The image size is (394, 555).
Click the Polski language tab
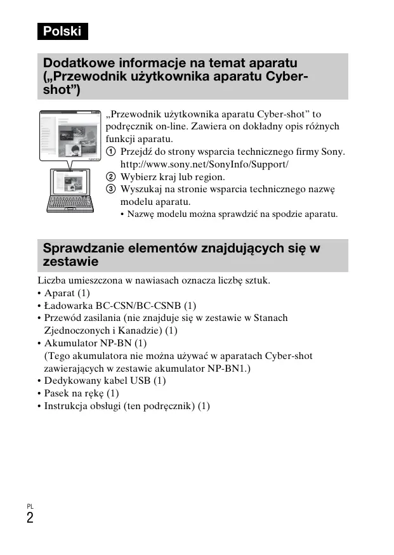point(62,30)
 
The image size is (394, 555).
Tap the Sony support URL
point(204,164)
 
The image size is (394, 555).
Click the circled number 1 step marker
point(110,152)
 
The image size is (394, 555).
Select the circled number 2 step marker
point(110,177)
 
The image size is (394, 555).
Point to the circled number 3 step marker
point(110,189)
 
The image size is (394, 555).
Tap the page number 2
point(30,518)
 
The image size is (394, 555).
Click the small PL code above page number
point(30,506)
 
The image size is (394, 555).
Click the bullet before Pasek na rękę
point(39,393)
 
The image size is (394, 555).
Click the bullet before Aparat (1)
point(39,293)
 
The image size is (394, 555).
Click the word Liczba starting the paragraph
point(51,280)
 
